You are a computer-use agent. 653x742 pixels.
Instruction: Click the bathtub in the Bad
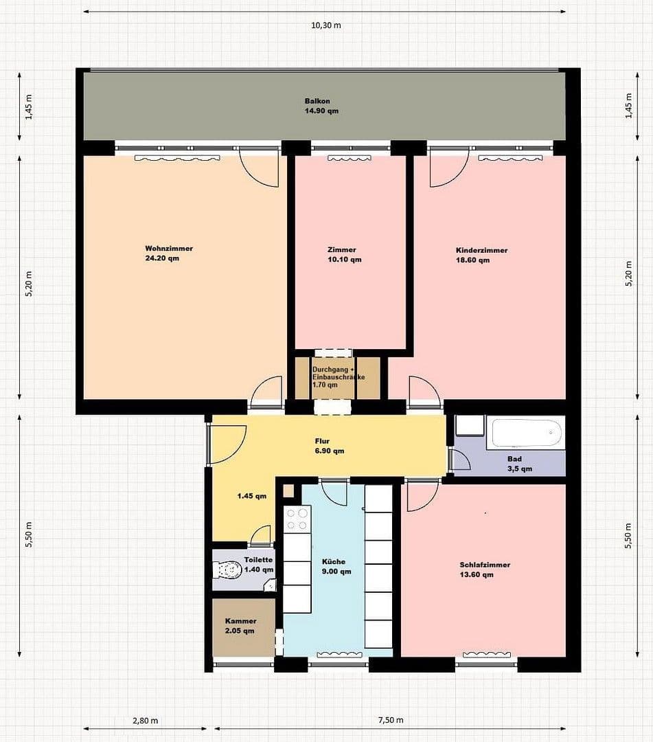pos(525,434)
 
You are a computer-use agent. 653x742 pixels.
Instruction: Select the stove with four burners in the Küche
pos(297,519)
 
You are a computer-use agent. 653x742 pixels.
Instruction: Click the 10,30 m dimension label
pos(326,25)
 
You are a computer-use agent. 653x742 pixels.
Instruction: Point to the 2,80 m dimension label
pos(145,721)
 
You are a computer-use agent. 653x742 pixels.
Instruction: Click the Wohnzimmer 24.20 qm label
pos(168,254)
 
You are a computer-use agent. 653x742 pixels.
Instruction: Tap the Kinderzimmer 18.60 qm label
pos(481,255)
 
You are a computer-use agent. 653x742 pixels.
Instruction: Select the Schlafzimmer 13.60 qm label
pos(485,570)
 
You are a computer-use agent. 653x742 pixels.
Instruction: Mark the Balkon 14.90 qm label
pos(322,106)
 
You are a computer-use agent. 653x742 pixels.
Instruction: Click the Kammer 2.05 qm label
pos(240,626)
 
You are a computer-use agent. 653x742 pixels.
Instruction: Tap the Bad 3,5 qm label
pos(519,464)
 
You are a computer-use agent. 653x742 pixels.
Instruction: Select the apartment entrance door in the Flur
pos(227,444)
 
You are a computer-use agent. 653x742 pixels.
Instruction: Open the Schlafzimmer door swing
pos(422,495)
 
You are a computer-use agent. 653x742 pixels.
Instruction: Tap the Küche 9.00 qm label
pos(336,566)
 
